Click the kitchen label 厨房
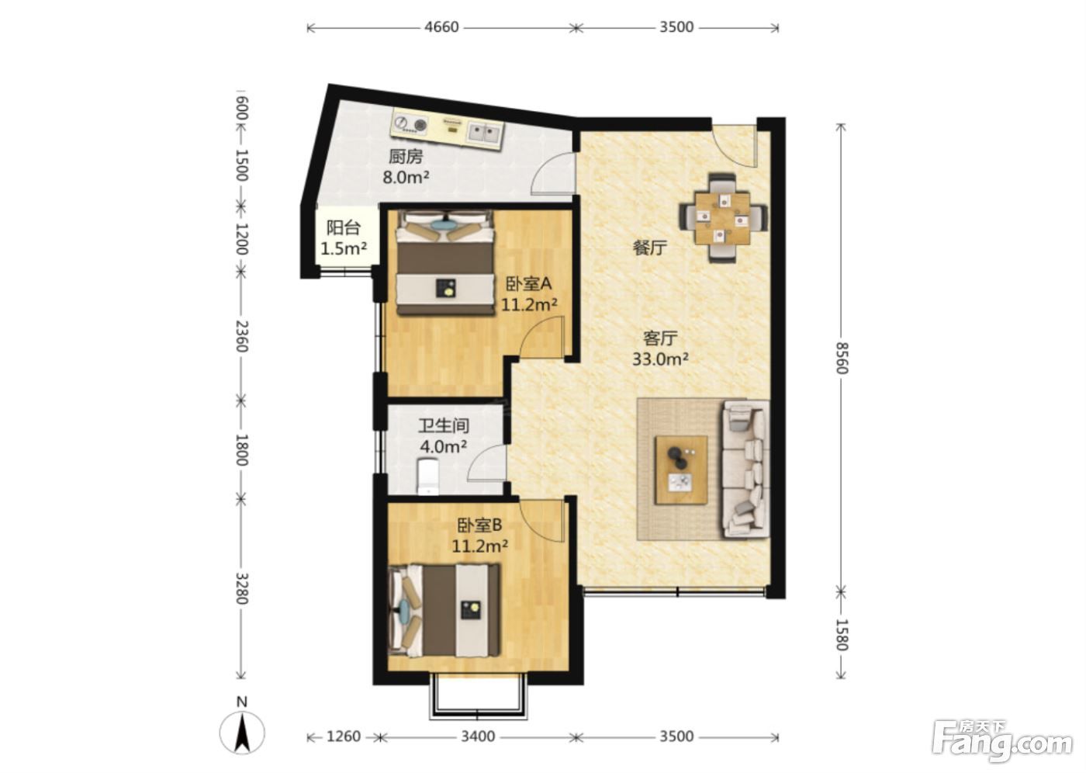tap(406, 157)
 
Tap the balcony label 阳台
tap(343, 227)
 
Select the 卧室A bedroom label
tap(528, 283)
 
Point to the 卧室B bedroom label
tap(480, 525)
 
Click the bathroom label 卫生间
tap(444, 425)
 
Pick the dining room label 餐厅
tap(650, 248)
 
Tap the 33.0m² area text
tap(660, 359)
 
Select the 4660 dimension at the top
tap(441, 27)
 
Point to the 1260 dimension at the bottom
tap(344, 737)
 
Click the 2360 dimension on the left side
tap(242, 336)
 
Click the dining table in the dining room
tap(722, 218)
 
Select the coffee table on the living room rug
tap(681, 470)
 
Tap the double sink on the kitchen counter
tap(486, 132)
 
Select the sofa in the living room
tap(745, 469)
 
